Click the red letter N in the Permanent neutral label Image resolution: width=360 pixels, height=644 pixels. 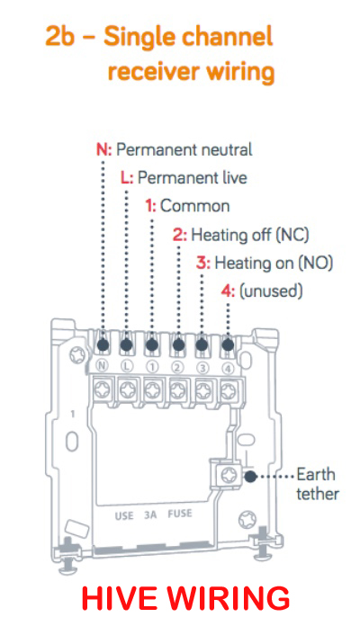[101, 150]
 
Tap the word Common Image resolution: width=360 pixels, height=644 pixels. [194, 206]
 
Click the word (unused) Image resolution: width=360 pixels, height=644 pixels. [271, 291]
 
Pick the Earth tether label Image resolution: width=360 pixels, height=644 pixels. [317, 484]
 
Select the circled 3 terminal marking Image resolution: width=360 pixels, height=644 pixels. [202, 368]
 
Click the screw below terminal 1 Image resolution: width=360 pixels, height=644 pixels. [152, 389]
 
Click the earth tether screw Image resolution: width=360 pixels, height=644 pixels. [228, 475]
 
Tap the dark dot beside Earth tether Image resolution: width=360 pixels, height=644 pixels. [249, 477]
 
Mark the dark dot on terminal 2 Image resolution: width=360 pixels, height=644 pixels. [178, 345]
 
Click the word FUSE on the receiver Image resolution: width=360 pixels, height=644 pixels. [180, 514]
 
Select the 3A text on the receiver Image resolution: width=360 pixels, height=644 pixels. [150, 515]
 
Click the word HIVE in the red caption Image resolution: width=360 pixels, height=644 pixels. [119, 599]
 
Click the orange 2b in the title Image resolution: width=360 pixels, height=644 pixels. [59, 38]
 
